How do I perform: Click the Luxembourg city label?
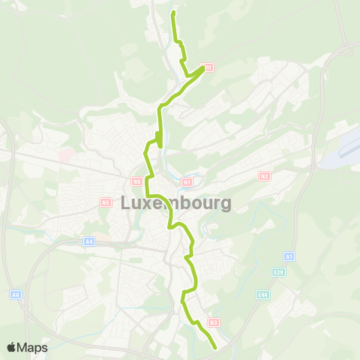(x=166, y=203)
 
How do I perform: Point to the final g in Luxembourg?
(x=225, y=205)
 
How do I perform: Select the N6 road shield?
(x=136, y=181)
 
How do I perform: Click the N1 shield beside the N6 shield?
(x=187, y=181)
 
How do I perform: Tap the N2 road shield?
(x=264, y=175)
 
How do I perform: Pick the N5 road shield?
(x=105, y=202)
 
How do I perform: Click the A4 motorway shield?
(x=89, y=241)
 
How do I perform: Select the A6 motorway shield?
(x=16, y=295)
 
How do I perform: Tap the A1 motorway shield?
(x=289, y=256)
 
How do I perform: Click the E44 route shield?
(x=262, y=295)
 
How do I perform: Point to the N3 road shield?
(x=214, y=322)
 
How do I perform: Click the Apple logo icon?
(x=11, y=347)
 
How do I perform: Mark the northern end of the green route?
(x=174, y=13)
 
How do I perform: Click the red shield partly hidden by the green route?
(x=208, y=67)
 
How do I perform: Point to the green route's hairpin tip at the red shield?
(x=202, y=68)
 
